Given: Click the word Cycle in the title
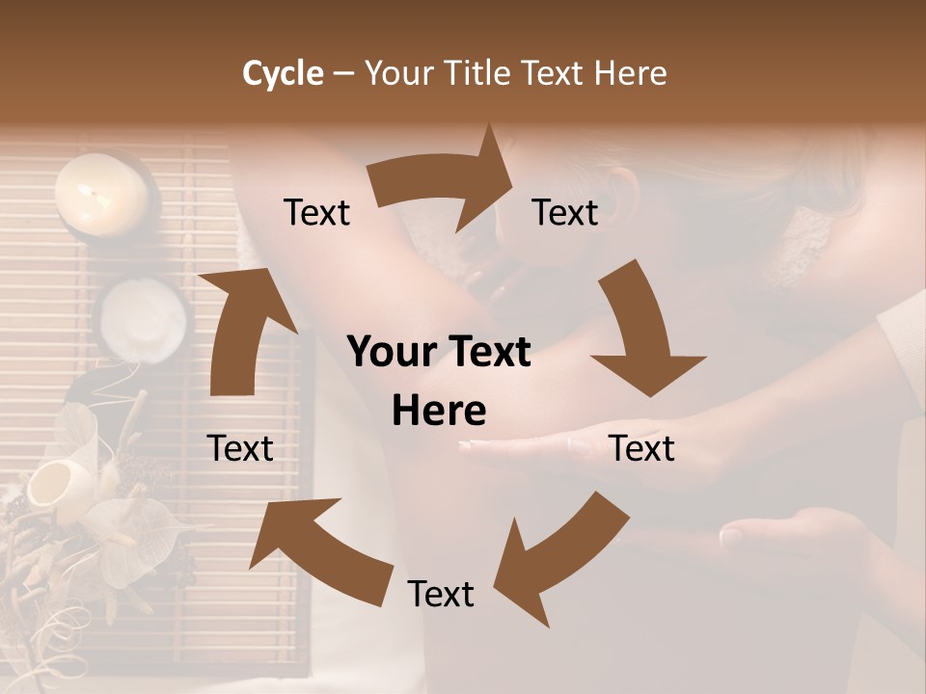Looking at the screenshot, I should pyautogui.click(x=283, y=73).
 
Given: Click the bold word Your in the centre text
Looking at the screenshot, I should pyautogui.click(x=390, y=353).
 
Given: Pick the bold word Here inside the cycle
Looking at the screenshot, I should pyautogui.click(x=439, y=412).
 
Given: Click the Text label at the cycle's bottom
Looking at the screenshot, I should pyautogui.click(x=441, y=594).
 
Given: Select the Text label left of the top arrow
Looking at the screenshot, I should pyautogui.click(x=317, y=212).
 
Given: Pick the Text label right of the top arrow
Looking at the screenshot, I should pyautogui.click(x=565, y=212).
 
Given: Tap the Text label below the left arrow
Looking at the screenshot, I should pyautogui.click(x=240, y=448).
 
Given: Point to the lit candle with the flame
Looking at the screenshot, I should pyautogui.click(x=100, y=197).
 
